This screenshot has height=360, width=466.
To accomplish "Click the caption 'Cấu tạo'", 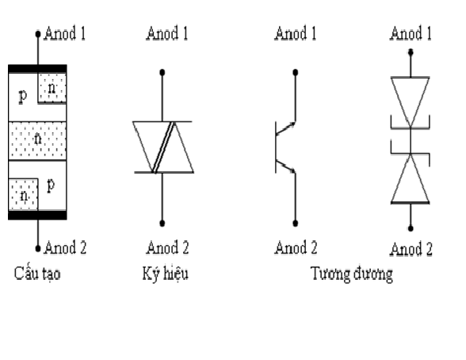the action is point(37,274).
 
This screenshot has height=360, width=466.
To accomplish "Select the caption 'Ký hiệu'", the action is point(165,274).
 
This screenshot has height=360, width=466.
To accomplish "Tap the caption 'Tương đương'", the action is point(352,274).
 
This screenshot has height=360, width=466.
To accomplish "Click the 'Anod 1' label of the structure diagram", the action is point(65,33).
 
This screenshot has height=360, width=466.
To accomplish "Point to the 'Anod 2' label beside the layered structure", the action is point(65,247).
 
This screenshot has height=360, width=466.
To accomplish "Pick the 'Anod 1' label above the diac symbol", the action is point(167,33).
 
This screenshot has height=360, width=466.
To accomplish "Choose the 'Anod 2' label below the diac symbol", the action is point(167,247).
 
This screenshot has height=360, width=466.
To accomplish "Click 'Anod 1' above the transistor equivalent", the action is point(296,33).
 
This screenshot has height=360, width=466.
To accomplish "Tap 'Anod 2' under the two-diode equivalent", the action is point(411,249).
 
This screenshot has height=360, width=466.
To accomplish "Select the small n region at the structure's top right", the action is point(52,88).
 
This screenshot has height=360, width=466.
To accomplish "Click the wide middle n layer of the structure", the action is point(37,140).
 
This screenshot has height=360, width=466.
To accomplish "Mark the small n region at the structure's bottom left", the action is point(23,194).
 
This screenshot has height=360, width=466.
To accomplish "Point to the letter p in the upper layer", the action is point(22,96).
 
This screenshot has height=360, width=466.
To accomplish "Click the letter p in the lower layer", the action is point(51,186).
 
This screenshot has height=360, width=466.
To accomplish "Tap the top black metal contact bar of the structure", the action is point(37,69).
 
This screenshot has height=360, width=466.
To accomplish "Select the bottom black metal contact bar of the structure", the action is point(37,215).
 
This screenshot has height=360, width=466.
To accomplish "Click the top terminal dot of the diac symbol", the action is point(162,72).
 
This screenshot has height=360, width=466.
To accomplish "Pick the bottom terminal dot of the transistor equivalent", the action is point(296,224).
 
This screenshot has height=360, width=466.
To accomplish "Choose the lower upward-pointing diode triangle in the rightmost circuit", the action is point(411,178).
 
